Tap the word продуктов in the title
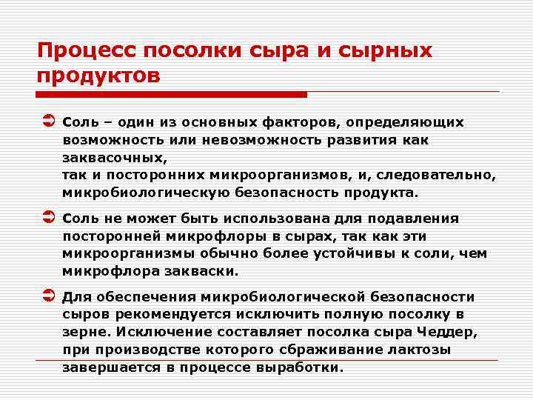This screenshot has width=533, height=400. [98, 76]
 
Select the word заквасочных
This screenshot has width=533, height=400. [115, 158]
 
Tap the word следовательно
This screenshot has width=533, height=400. [435, 176]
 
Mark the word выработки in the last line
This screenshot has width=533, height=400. [303, 368]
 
